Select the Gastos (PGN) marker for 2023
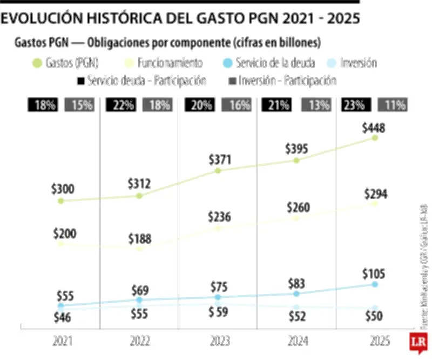coord(218,171)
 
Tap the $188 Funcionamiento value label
coord(139,239)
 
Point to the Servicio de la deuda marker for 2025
coord(375,284)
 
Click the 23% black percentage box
coord(353,105)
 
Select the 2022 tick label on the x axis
coord(139,342)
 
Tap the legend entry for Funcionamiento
coord(163,63)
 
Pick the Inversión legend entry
coord(351,63)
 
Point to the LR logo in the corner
coord(416,343)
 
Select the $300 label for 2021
coord(63,189)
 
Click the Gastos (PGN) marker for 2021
coord(61,201)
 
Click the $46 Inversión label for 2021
coord(63,318)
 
